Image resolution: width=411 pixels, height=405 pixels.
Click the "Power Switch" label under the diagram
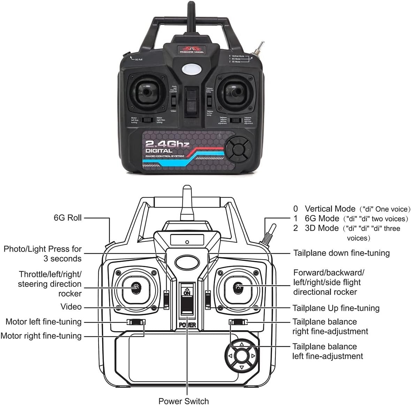coord(183,401)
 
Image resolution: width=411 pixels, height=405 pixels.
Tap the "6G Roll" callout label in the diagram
coord(68,218)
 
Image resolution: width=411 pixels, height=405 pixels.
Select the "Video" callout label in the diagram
coord(71,307)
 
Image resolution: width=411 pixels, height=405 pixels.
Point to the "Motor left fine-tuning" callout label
coord(44,322)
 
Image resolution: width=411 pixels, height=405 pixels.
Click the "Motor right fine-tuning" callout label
coord(41,336)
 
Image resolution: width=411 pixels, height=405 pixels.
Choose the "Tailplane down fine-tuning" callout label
coord(341,253)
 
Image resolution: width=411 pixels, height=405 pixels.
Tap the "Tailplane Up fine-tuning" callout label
coord(336,308)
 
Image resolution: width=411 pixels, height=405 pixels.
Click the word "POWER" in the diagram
coord(187,326)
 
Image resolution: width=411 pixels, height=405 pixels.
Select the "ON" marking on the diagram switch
coord(187,293)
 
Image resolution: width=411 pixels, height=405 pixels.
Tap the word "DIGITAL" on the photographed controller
coord(159,151)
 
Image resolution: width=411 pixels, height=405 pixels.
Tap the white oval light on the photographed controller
coord(191,69)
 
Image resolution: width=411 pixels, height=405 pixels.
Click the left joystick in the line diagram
coord(135,287)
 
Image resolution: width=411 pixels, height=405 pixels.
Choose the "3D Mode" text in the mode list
coord(321,228)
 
